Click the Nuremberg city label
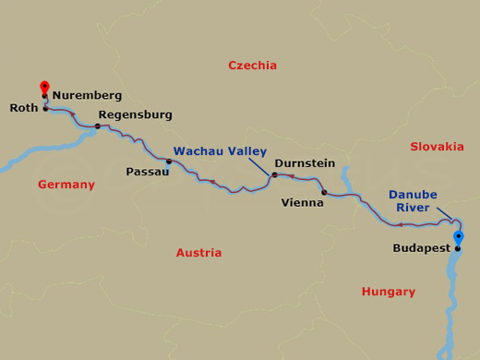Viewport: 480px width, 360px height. point(87,94)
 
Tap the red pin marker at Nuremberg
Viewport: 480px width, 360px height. point(44,88)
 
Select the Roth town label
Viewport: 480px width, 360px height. point(23,108)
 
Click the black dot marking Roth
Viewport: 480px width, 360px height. point(45,108)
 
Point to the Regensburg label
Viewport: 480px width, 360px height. point(135,114)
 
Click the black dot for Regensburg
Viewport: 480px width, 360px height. point(98,126)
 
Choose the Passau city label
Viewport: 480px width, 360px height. point(147,171)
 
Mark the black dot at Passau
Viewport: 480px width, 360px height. point(169,162)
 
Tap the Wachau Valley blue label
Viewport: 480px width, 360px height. point(220,150)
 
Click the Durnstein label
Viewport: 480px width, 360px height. point(305,162)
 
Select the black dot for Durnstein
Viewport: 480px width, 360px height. point(274,174)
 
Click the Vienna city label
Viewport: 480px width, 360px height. point(302,202)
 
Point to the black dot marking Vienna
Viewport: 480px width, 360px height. point(324,193)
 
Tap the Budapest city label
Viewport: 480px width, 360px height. point(421,247)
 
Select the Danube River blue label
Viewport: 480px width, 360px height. point(413,201)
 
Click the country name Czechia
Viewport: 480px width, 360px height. point(252,65)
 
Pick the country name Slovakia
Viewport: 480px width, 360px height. point(437,146)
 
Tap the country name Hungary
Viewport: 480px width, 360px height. point(389,291)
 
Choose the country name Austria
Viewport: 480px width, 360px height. point(198,252)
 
